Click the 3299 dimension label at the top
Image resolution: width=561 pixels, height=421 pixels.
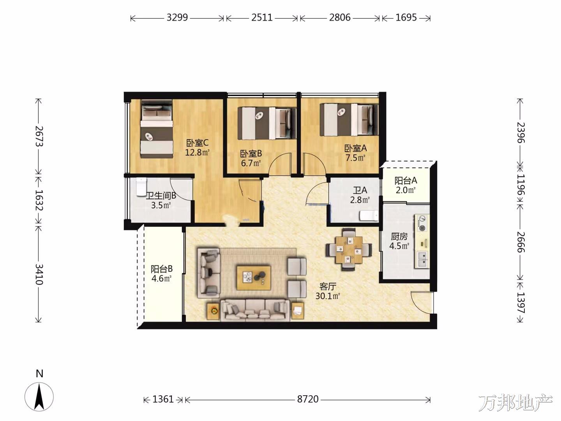point(177,18)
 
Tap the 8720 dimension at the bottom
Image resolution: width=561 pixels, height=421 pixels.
point(308,399)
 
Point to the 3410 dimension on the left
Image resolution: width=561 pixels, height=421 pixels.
point(39,274)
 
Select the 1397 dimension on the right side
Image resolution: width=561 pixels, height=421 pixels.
point(520,302)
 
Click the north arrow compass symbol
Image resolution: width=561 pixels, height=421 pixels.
point(39,397)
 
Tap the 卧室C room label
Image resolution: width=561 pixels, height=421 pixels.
point(197,143)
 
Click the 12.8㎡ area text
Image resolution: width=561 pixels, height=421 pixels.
point(197,152)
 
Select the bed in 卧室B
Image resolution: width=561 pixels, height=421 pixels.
point(267,123)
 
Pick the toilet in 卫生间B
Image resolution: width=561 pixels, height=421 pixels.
point(141,187)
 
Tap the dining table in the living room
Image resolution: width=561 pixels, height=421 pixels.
point(349,250)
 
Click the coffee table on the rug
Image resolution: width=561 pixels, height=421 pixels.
point(254,278)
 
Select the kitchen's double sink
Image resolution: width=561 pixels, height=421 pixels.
point(422,259)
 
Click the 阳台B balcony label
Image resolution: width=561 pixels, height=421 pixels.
point(162,269)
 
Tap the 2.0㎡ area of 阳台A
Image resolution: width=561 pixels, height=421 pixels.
point(406,190)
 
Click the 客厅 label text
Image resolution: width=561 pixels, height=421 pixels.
point(328,286)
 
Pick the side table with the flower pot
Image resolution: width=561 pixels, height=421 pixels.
point(213,311)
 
